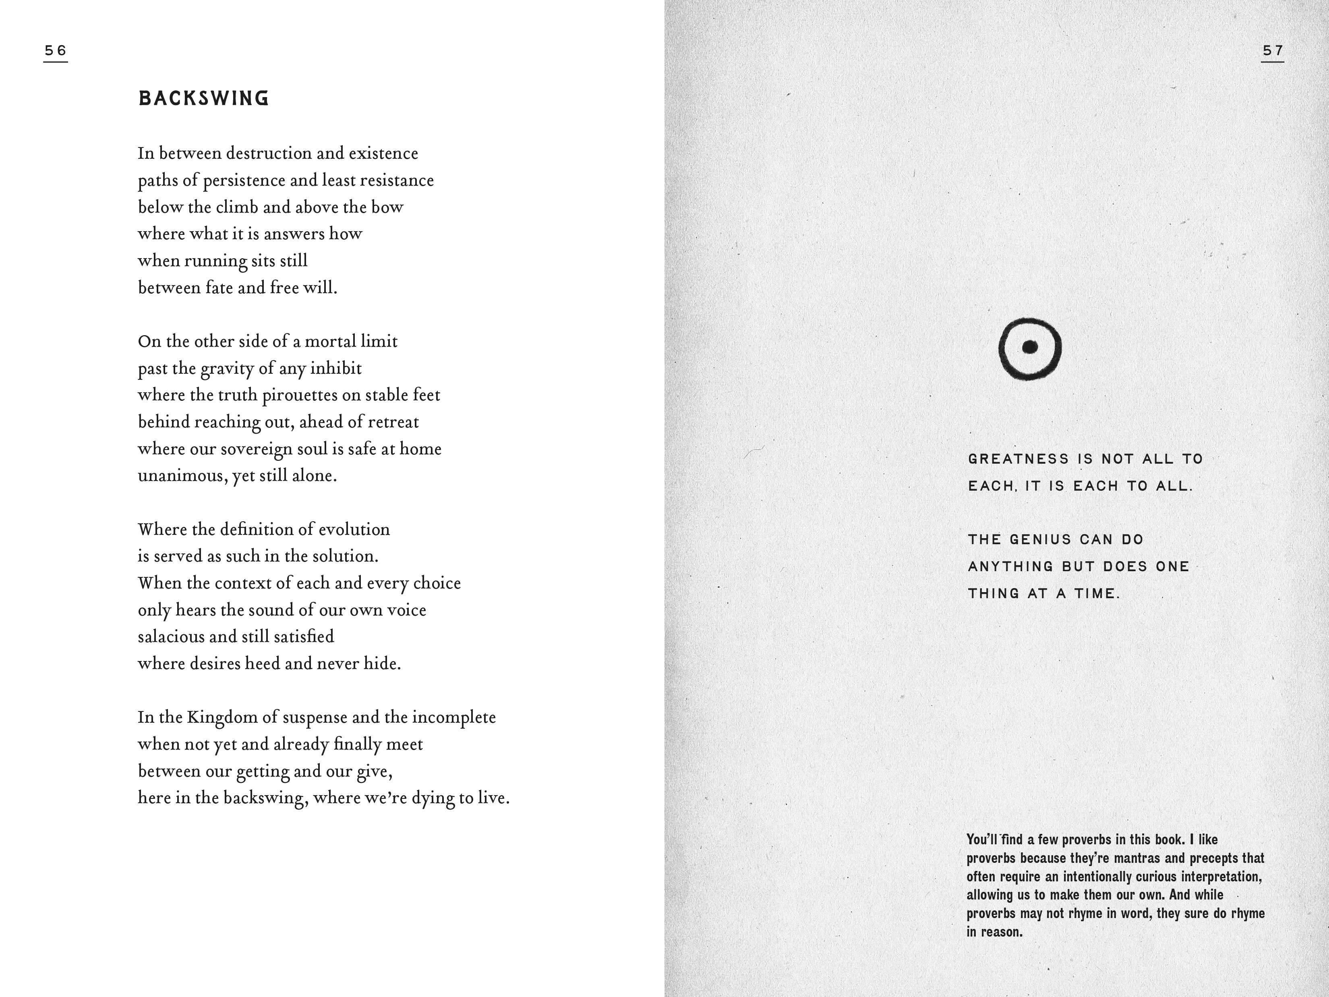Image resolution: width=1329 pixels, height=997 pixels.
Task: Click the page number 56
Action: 55,50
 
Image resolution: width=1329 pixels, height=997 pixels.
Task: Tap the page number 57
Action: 1273,50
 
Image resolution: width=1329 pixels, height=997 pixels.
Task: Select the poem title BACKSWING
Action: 204,99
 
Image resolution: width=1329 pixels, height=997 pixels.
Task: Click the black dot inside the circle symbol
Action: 1030,347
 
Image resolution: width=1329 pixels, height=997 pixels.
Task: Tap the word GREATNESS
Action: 1018,459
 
